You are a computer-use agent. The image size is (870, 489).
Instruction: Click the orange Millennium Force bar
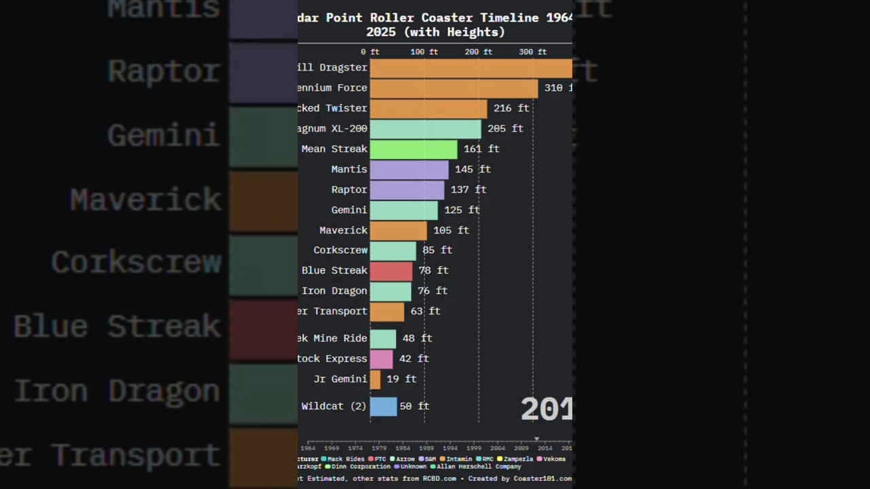click(453, 88)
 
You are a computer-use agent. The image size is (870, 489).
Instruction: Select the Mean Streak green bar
click(413, 149)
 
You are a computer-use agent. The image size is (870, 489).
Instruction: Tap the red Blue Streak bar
click(391, 271)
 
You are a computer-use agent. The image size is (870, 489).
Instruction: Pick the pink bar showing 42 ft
click(381, 359)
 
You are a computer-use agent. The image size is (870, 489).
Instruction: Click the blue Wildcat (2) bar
click(383, 407)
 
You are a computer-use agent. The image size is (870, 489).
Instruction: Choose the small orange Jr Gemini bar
click(375, 380)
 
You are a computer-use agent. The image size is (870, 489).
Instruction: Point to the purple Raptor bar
click(406, 190)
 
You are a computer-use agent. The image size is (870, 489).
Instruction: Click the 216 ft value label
click(510, 109)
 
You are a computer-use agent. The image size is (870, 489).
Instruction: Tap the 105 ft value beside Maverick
click(451, 231)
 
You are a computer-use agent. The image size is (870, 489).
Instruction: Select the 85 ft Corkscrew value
click(437, 251)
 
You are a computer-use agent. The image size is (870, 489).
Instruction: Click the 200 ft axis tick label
click(478, 52)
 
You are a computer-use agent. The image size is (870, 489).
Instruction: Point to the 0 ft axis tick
click(370, 52)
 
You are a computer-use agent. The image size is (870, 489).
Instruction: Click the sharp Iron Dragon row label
click(334, 291)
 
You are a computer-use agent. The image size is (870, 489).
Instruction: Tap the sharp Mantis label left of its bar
click(349, 170)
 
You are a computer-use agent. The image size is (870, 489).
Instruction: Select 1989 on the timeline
click(426, 448)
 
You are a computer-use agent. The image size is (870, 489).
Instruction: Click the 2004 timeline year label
click(498, 448)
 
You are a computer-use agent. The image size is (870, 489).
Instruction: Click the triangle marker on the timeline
click(536, 439)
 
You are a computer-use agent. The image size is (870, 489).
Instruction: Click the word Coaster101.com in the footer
click(542, 479)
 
